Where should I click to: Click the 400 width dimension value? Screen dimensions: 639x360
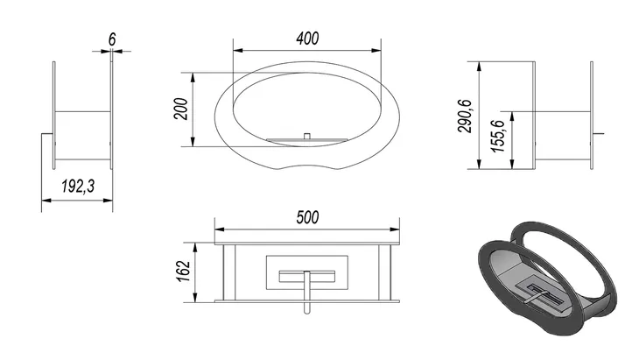point(307,39)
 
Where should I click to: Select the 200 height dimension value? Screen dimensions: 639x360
point(181,109)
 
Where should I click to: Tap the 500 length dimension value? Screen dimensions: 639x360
point(307,217)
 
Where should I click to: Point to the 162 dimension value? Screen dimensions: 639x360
point(184,271)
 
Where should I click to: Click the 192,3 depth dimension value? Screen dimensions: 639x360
point(78,187)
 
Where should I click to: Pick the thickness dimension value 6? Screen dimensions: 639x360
point(112,39)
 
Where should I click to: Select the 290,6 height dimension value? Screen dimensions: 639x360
point(465,116)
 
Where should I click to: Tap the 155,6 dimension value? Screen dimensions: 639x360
point(498,136)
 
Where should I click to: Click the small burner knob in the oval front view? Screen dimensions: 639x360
point(307,136)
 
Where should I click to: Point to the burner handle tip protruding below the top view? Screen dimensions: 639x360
point(307,311)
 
